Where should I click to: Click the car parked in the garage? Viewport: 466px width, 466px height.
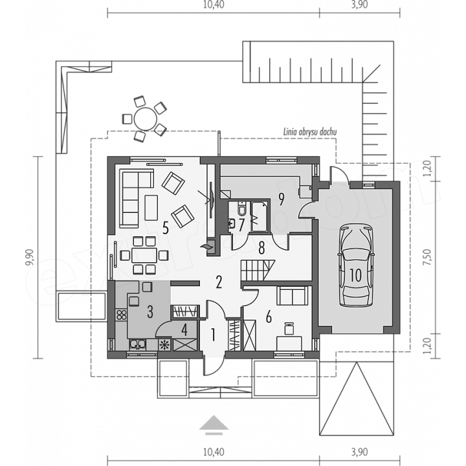(x=355, y=266)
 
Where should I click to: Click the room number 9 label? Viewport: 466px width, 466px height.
(x=281, y=199)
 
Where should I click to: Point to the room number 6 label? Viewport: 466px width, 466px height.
(x=269, y=318)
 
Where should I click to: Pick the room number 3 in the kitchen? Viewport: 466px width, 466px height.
(x=150, y=312)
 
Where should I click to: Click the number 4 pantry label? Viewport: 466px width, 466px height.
(x=184, y=330)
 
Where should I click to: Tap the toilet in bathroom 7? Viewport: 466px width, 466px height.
(x=241, y=208)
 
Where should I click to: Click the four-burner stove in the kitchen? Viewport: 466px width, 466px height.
(x=122, y=315)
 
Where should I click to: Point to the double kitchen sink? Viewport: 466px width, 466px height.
(x=138, y=344)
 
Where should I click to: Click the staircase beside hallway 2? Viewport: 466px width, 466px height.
(x=258, y=270)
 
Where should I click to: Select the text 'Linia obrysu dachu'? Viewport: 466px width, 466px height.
(x=310, y=131)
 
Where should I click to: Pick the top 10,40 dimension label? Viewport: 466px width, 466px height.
(x=214, y=5)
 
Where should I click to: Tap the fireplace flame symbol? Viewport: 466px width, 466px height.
(x=206, y=247)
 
